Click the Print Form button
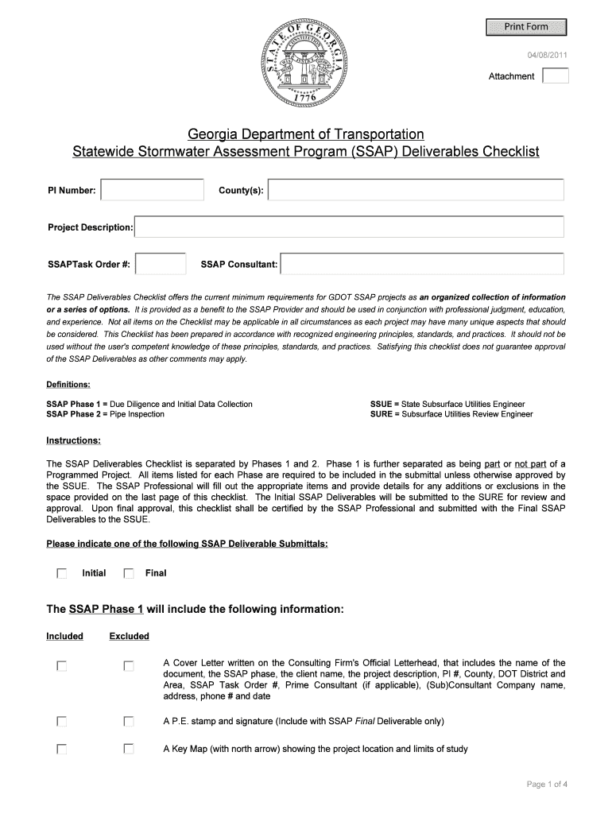(x=526, y=27)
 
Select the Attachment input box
(x=555, y=76)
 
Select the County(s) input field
(x=416, y=190)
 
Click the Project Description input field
(x=349, y=227)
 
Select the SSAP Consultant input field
(x=422, y=264)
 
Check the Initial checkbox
(x=61, y=573)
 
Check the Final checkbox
(x=129, y=573)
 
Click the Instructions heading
(x=73, y=440)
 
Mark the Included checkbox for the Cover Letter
(x=61, y=665)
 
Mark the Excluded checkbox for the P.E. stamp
(x=129, y=722)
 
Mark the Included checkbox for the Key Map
(x=61, y=749)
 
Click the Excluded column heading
(x=129, y=636)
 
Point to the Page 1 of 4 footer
(x=547, y=785)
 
